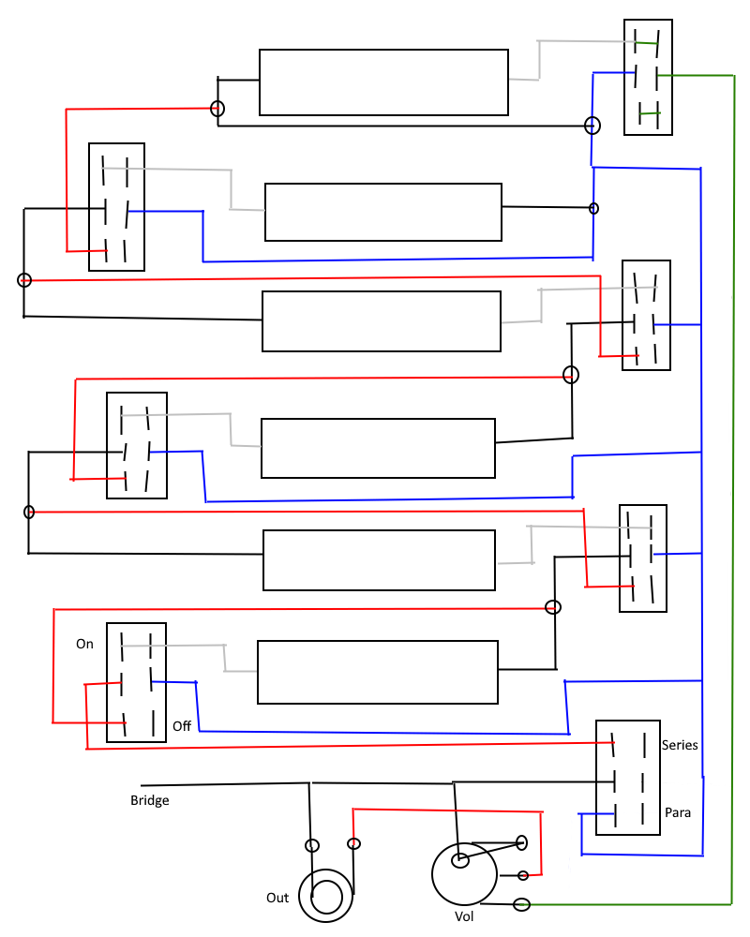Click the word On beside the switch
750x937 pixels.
(x=84, y=644)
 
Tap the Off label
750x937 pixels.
(x=182, y=726)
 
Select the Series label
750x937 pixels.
(x=680, y=745)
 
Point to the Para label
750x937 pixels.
(x=678, y=812)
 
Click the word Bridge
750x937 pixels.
(x=149, y=801)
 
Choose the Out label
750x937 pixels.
(x=277, y=898)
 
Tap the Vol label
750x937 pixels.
(x=464, y=916)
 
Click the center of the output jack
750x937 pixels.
(x=326, y=897)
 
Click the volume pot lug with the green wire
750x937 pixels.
(x=521, y=905)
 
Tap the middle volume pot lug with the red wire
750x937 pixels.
(x=523, y=875)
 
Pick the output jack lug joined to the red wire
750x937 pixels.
(x=353, y=844)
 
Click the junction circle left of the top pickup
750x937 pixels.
(x=217, y=109)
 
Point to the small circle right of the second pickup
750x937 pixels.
(x=593, y=208)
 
